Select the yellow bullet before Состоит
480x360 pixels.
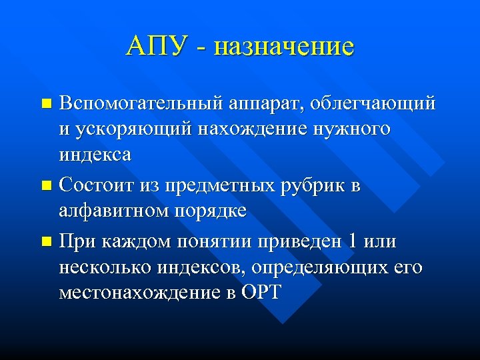click(46, 187)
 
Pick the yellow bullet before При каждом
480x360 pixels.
click(46, 243)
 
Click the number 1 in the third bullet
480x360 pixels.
click(351, 241)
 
